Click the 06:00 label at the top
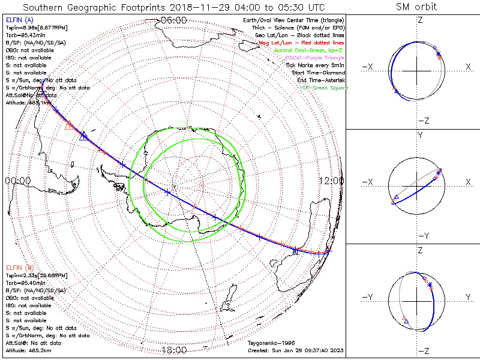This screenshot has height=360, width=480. click(x=174, y=20)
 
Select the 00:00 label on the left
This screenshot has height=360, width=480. click(x=18, y=180)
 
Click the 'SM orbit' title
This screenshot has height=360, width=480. click(x=416, y=7)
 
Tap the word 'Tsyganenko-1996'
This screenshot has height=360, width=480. click(x=269, y=343)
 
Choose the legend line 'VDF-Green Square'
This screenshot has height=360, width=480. click(x=324, y=88)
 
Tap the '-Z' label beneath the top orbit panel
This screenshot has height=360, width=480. click(x=423, y=121)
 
